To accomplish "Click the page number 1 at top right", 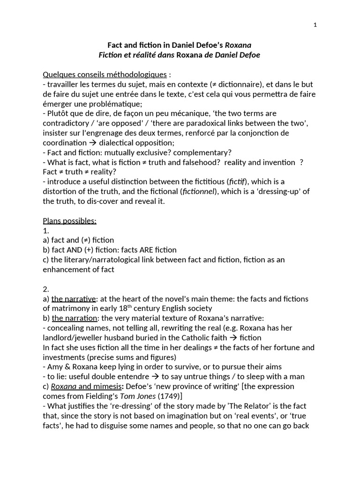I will tap(315, 25).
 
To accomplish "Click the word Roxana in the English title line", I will tap(238, 45).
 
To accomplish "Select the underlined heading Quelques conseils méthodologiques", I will tap(105, 75).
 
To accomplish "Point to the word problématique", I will tap(93, 104).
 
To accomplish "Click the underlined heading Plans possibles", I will tap(69, 221).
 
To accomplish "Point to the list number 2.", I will tap(45, 289).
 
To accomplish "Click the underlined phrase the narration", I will tap(75, 318).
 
